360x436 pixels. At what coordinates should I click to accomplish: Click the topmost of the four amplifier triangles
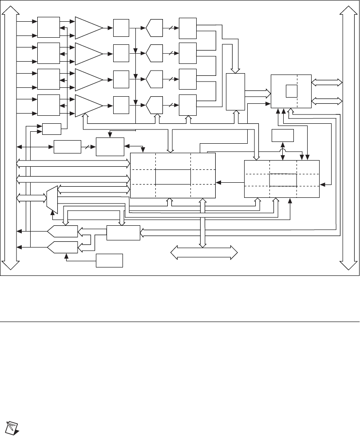tap(87, 28)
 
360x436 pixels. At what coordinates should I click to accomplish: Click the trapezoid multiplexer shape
tap(52, 199)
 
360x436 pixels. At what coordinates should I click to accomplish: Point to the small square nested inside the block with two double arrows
tap(291, 90)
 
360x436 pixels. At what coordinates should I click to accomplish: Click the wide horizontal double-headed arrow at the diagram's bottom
tap(204, 253)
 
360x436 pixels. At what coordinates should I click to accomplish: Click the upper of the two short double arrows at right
tap(328, 82)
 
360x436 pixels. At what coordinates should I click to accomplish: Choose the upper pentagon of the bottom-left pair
tap(63, 231)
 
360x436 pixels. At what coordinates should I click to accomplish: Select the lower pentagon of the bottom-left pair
tap(63, 247)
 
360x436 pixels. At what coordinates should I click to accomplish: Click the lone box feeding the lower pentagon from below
tap(110, 260)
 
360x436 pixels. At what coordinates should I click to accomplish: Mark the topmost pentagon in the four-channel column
tap(154, 27)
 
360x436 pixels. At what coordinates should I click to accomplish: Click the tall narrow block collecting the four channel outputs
tap(235, 92)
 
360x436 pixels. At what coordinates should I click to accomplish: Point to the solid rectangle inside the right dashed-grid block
tap(283, 181)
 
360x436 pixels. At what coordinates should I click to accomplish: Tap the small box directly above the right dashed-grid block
tap(283, 135)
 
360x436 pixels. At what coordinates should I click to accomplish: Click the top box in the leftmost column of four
tap(48, 27)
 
